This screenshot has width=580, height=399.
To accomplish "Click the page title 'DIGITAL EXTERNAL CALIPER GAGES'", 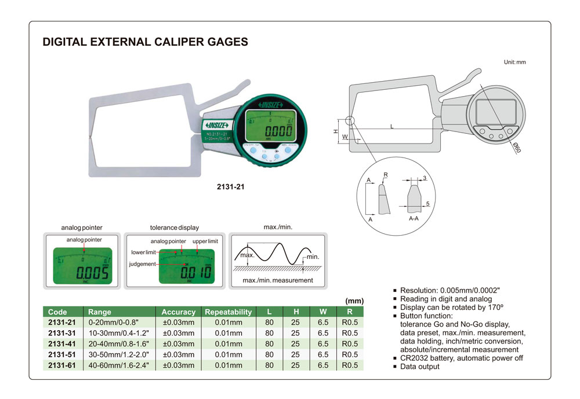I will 146,42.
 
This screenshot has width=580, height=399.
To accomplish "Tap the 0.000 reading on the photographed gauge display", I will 269,131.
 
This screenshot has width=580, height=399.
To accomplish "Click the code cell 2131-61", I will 62,365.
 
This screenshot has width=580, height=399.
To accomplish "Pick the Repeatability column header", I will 228,312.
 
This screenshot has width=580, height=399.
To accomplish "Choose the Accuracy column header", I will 178,312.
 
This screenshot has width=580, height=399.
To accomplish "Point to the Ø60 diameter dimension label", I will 516,147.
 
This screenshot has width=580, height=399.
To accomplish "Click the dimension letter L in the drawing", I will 392,126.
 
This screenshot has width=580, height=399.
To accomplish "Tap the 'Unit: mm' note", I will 514,62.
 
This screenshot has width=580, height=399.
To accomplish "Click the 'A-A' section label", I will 414,219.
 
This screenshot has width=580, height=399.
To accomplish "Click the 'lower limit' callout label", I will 142,252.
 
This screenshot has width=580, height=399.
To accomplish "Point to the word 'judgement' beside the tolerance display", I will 142,264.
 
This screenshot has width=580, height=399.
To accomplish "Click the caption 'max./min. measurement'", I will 277,280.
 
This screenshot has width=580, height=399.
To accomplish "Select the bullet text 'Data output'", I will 420,367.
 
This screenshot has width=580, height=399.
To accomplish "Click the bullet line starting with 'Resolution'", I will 450,290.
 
